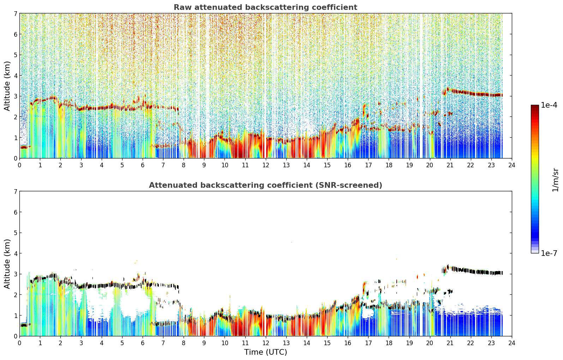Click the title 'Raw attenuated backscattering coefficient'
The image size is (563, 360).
pyautogui.click(x=265, y=7)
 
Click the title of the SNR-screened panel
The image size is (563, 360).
pyautogui.click(x=265, y=185)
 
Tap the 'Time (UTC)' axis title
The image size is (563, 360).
pyautogui.click(x=265, y=352)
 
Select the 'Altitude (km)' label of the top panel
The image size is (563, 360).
pyautogui.click(x=7, y=86)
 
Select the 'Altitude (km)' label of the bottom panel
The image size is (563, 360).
pyautogui.click(x=7, y=264)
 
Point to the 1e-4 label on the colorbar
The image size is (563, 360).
pyautogui.click(x=549, y=105)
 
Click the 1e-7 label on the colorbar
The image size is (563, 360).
pyautogui.click(x=549, y=253)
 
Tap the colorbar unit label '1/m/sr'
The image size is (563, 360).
pyautogui.click(x=555, y=180)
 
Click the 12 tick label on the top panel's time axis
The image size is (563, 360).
pyautogui.click(x=266, y=165)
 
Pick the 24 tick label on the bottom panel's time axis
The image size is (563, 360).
pyautogui.click(x=512, y=343)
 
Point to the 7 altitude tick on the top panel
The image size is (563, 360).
pyautogui.click(x=15, y=13)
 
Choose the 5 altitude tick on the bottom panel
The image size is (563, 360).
pyautogui.click(x=15, y=233)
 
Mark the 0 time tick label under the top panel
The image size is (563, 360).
pyautogui.click(x=20, y=165)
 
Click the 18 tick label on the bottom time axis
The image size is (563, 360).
pyautogui.click(x=389, y=343)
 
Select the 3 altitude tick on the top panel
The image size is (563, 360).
pyautogui.click(x=15, y=96)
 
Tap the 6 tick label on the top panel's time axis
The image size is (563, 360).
pyautogui.click(x=143, y=165)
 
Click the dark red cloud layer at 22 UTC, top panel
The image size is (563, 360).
pyautogui.click(x=471, y=93)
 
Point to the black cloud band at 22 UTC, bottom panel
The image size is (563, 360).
pyautogui.click(x=471, y=271)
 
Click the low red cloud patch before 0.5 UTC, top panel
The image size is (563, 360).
pyautogui.click(x=24, y=147)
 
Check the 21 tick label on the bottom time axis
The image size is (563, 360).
pyautogui.click(x=450, y=343)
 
